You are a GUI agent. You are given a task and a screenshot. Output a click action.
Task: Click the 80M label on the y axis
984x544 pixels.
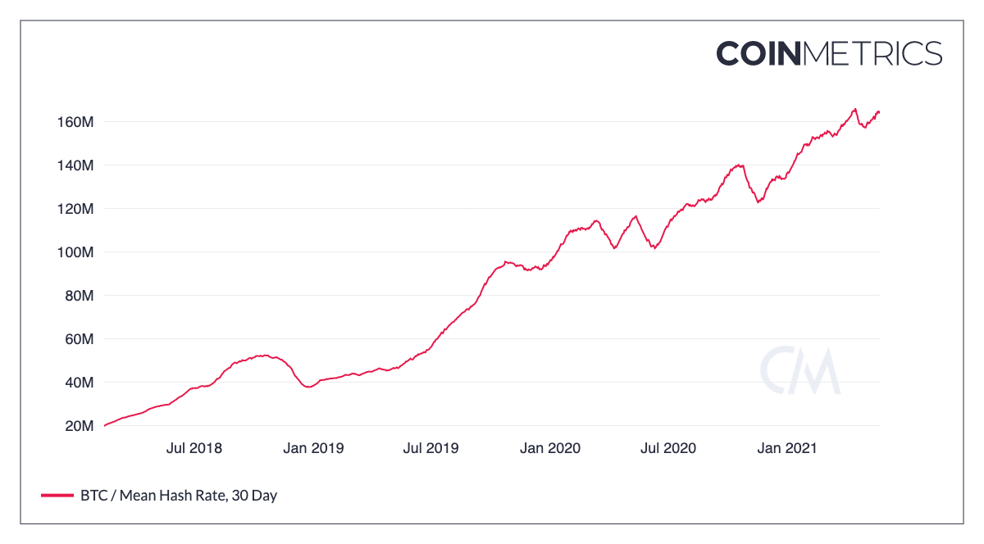pos(80,296)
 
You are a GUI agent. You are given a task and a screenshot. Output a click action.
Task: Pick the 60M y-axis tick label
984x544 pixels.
pos(80,339)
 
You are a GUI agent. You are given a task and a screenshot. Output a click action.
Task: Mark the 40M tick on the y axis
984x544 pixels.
pos(80,383)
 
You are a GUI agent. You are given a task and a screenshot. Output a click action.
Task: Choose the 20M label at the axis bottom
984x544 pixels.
pos(80,426)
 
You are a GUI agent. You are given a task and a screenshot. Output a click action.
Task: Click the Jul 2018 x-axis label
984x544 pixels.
pos(194,448)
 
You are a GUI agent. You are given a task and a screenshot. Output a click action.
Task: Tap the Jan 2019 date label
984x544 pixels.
pos(313,448)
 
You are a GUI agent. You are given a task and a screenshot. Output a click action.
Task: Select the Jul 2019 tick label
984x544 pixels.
pos(430,448)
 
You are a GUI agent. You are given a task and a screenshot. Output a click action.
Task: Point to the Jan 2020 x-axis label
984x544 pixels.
pos(549,448)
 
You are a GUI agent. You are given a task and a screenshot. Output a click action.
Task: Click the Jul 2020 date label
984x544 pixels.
pos(667,448)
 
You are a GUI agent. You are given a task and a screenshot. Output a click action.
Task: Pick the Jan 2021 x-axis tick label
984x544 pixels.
pos(786,448)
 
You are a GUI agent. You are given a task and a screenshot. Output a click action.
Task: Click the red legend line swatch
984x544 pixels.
pos(57,496)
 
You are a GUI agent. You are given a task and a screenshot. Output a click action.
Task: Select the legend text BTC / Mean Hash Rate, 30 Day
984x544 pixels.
pos(179,496)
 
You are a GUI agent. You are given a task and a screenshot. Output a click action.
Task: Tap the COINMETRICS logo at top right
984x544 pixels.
pos(829,53)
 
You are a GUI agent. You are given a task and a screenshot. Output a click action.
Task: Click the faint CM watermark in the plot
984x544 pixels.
pos(799,371)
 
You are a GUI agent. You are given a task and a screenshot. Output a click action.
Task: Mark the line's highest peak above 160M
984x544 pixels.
pos(854,109)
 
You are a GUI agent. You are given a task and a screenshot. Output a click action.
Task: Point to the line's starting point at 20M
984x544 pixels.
pos(104,426)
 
